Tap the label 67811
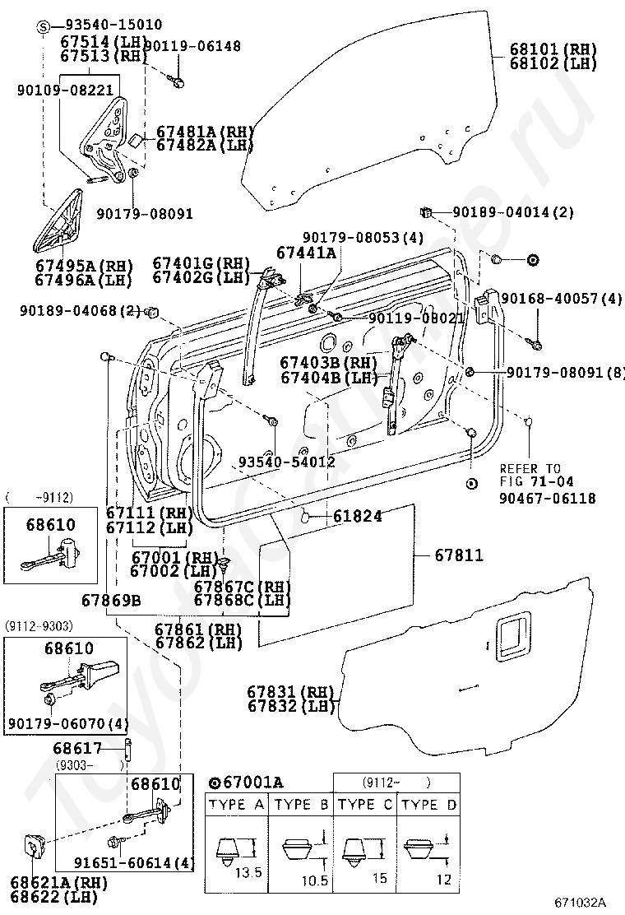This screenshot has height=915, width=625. point(460,555)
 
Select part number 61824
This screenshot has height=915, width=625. point(358,516)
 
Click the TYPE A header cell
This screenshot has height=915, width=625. point(237,805)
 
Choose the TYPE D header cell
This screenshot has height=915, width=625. point(428,805)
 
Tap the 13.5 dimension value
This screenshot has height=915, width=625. point(248,873)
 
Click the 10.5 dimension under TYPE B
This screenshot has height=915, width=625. point(315,880)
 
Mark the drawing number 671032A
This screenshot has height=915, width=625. point(581,902)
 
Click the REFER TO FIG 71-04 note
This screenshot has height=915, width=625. point(530,475)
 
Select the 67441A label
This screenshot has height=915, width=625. point(306,253)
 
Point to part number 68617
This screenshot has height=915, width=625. point(77,748)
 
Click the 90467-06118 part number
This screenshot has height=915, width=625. point(548,499)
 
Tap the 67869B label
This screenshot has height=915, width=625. point(111,600)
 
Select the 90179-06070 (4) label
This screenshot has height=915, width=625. point(68,724)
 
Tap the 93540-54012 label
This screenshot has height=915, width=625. point(287,462)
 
